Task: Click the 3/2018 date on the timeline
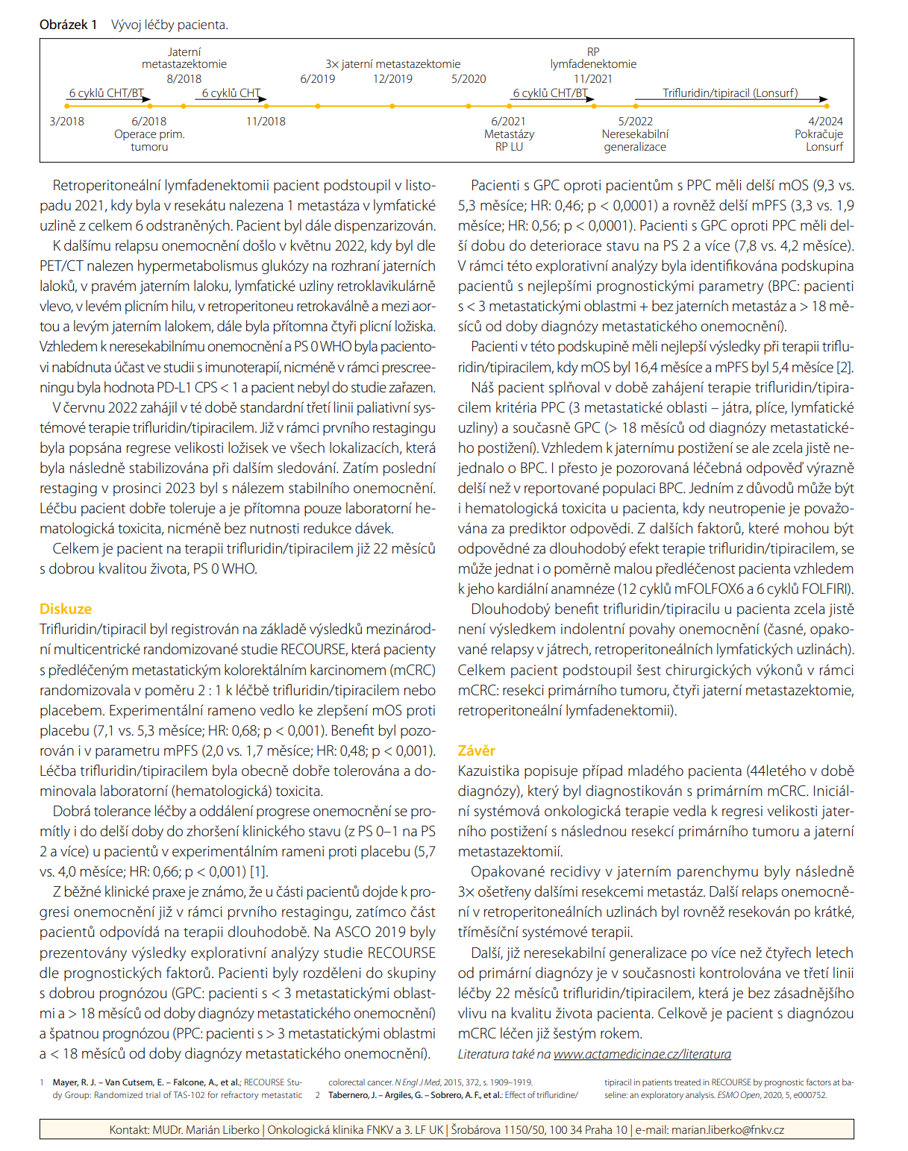coord(66,122)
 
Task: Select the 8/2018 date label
coord(184,78)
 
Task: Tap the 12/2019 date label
coord(392,78)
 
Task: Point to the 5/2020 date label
coord(469,78)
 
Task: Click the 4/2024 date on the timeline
coord(825,122)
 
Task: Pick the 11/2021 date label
coord(593,78)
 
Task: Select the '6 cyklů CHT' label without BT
coord(231,93)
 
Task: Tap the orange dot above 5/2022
coord(635,107)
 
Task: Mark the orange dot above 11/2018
coord(266,107)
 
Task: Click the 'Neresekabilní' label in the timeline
coord(635,134)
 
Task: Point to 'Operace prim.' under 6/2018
coord(149,134)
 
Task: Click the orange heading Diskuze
coord(66,609)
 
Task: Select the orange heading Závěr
coord(476,750)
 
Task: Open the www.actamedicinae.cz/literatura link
coord(642,1054)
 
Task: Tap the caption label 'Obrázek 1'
coord(69,25)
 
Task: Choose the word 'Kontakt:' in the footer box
coord(129,1129)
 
